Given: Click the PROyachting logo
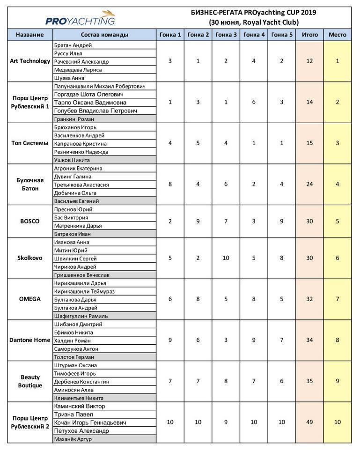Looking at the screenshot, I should coord(80,18).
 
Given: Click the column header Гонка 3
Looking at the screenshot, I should coord(226,35).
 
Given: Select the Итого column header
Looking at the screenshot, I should coord(309,35).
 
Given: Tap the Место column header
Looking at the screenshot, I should coord(337,35).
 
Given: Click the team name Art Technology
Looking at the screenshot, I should coord(30,61).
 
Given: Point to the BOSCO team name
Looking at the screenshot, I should coord(30,222).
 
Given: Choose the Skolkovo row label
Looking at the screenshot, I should coord(30,258).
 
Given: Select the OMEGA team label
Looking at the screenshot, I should coord(30,299).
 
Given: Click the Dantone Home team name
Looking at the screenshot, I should coord(30,340).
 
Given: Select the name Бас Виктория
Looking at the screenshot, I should coord(71,217).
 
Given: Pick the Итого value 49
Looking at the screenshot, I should coord(309,422).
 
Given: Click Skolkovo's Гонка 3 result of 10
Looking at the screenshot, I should coord(226,258).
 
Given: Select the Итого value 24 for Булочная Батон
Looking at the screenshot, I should coord(309,185).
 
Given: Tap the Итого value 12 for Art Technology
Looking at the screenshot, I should coord(309,61).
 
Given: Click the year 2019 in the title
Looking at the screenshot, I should coord(308,13).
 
